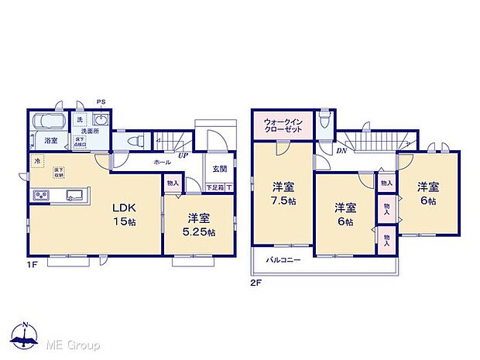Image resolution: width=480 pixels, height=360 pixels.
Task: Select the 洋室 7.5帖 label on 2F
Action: [x=283, y=194]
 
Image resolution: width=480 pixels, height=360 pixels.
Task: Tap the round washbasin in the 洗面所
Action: [x=100, y=120]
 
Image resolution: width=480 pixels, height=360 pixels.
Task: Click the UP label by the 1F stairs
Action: [x=183, y=155]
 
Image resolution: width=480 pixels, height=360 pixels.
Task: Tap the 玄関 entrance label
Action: [x=218, y=170]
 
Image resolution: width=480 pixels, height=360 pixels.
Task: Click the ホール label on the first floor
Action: [x=163, y=163]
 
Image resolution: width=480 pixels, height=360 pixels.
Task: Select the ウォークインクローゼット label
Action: [x=282, y=125]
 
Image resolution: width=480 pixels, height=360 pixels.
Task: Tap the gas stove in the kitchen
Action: [x=39, y=194]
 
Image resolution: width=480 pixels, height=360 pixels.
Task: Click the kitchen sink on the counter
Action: [x=74, y=194]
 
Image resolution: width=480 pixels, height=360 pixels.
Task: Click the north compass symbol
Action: [x=26, y=334]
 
